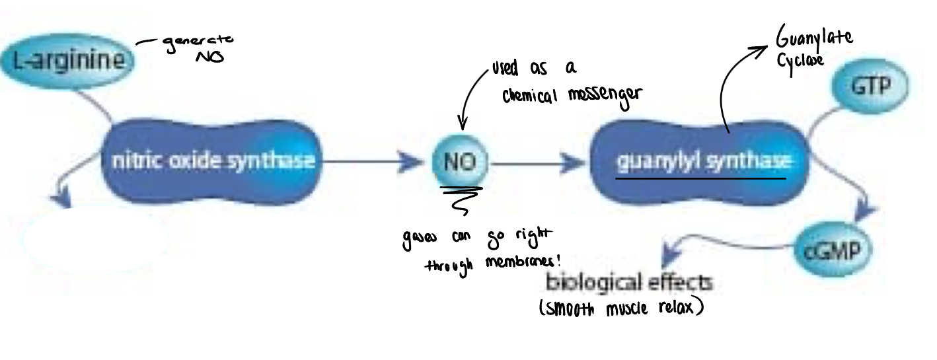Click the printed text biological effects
pyautogui.click(x=628, y=283)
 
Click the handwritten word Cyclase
pyautogui.click(x=800, y=59)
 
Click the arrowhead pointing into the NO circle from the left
pyautogui.click(x=416, y=161)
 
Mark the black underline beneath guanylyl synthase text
pyautogui.click(x=700, y=178)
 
